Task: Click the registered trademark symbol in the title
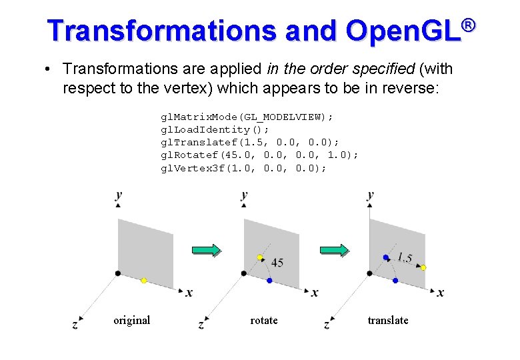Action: point(468,25)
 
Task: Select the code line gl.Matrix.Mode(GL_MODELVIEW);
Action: point(247,117)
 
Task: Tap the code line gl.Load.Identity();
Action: point(215,129)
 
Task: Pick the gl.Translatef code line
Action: point(249,142)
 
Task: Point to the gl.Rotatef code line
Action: point(259,155)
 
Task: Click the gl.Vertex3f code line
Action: point(243,167)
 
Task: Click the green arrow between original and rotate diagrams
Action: point(206,251)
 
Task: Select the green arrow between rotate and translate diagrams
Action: point(333,251)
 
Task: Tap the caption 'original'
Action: point(131,321)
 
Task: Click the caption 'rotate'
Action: point(264,321)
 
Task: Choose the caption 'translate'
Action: point(388,321)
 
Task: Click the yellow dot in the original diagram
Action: point(143,281)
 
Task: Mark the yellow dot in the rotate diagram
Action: point(260,257)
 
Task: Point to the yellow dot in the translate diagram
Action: point(423,267)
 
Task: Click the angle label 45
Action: point(277,263)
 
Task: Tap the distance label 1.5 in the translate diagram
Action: point(404,257)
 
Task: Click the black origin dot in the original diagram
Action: point(118,273)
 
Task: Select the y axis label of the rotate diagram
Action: point(244,195)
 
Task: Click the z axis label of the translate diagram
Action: point(327,325)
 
